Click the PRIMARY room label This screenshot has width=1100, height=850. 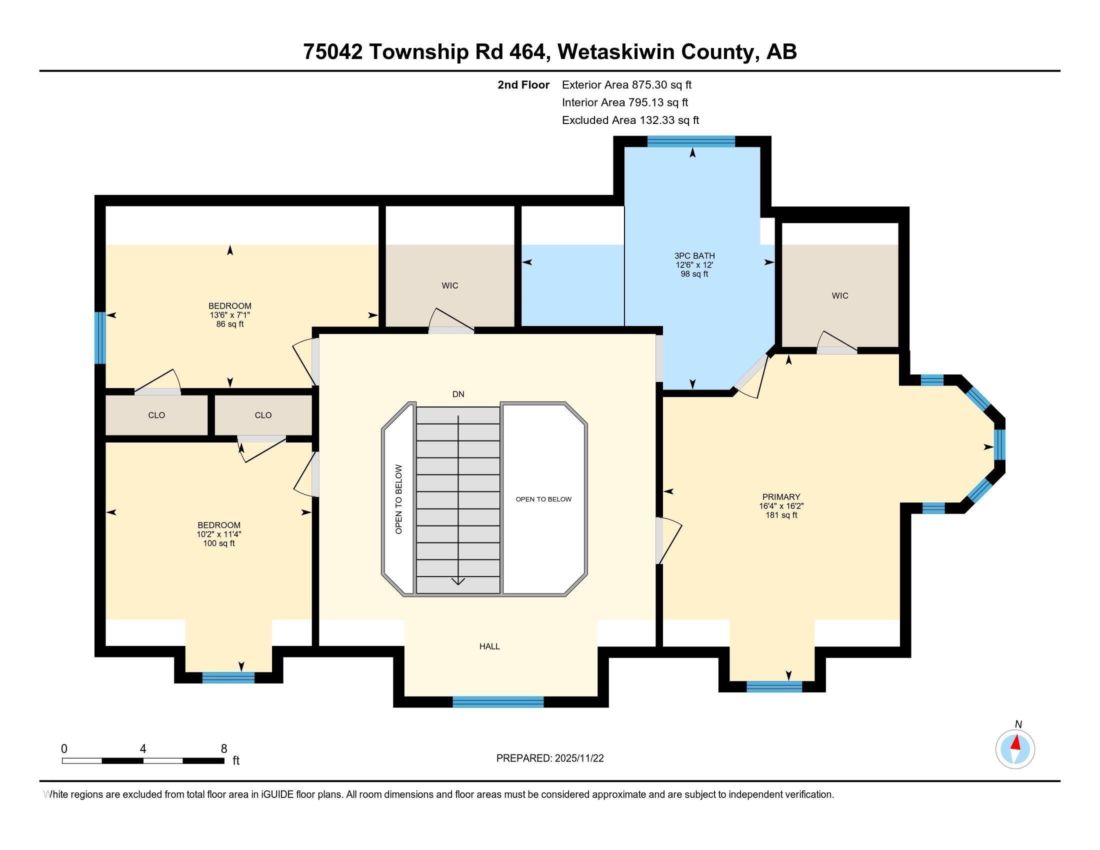[780, 497]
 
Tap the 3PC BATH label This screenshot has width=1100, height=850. [694, 256]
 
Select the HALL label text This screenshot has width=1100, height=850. [489, 646]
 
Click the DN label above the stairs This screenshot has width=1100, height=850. [458, 394]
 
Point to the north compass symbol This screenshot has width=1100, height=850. [1015, 749]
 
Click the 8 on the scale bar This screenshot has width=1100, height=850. [223, 749]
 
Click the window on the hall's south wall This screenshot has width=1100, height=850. [497, 702]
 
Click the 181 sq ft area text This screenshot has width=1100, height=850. [780, 515]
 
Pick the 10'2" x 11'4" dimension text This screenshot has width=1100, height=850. [219, 534]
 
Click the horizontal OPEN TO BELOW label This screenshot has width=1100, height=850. [543, 499]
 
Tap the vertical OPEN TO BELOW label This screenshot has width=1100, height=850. [399, 499]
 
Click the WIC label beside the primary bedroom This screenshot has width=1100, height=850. [839, 295]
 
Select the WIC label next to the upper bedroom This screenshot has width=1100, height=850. [450, 285]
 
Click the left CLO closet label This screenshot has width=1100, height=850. [156, 415]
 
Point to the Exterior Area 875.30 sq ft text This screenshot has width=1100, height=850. [626, 84]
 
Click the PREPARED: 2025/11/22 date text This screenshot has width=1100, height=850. [549, 758]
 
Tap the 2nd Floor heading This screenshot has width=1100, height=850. [523, 84]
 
